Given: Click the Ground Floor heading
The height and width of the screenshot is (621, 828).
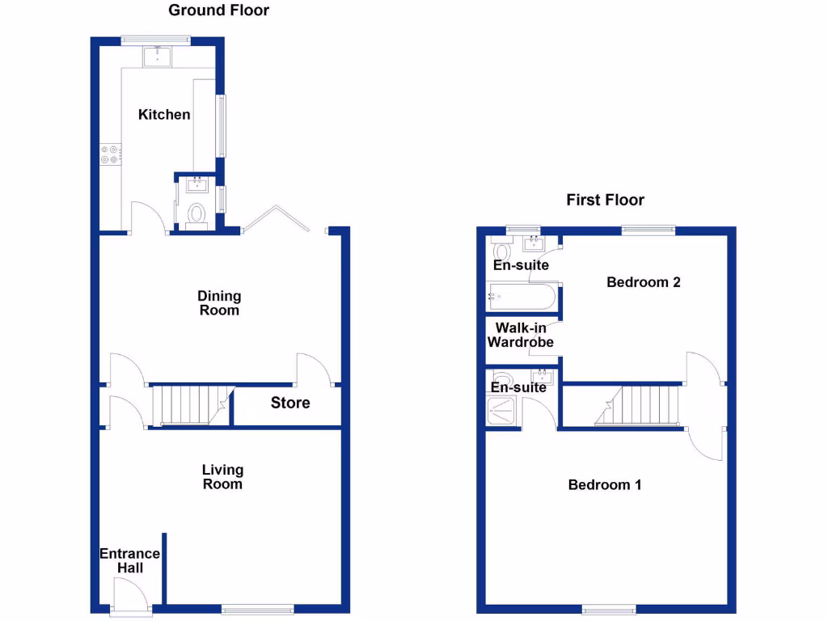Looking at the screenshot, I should click(218, 11).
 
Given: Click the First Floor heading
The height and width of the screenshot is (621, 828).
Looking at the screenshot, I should click(605, 200).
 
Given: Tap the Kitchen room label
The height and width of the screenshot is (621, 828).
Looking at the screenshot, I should click(164, 115).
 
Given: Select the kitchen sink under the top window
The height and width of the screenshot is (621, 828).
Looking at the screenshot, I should click(155, 56).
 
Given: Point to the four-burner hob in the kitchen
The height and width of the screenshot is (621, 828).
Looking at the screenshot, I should click(109, 154).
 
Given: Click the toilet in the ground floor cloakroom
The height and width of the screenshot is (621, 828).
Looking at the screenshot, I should click(196, 213).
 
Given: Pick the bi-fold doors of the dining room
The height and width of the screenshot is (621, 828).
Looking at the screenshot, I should click(275, 218).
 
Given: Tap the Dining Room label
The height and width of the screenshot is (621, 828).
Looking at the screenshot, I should click(219, 303).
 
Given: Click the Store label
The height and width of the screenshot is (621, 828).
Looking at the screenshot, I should click(289, 403).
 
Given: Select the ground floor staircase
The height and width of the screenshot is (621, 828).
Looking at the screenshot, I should click(191, 405).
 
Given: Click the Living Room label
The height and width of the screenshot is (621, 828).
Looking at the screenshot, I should click(222, 477).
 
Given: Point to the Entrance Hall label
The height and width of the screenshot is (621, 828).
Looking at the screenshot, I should click(129, 561).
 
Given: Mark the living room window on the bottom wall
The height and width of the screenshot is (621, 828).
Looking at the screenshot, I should click(259, 610).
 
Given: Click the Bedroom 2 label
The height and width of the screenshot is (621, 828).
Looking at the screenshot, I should click(644, 282).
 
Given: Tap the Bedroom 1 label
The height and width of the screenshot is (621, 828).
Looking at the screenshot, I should click(605, 485).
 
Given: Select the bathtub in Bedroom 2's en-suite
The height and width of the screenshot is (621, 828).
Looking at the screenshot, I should click(522, 297).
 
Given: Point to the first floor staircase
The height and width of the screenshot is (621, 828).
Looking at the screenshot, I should click(640, 405).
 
